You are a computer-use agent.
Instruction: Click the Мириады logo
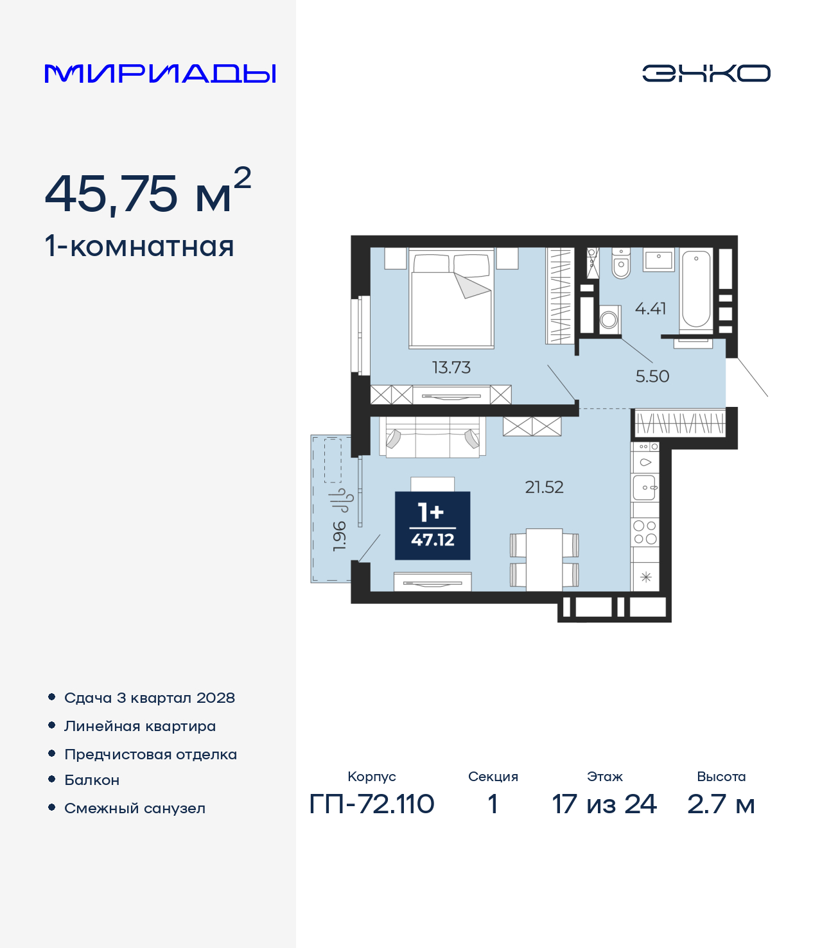pos(160,73)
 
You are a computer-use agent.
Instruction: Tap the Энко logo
pos(706,73)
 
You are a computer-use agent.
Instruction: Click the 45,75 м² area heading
pos(148,191)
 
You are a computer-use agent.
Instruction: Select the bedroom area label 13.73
pos(451,367)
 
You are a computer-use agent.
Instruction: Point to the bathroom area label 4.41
pos(651,308)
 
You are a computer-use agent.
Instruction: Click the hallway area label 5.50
pos(652,376)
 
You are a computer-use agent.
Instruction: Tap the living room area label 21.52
pos(544,487)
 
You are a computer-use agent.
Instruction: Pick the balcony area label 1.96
pos(339,536)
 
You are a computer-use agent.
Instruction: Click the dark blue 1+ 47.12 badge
pos(432,526)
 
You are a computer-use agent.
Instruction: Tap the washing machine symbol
pos(609,320)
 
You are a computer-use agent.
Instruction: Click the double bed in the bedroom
pos(451,298)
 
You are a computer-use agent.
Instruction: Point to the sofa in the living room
pos(432,437)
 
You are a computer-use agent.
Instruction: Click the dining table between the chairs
pos(545,560)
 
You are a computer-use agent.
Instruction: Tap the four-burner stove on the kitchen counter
pos(645,533)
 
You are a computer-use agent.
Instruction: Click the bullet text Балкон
pos(92,780)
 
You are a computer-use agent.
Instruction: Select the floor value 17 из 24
pos(604,804)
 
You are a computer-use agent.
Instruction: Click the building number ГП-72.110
pos(372,804)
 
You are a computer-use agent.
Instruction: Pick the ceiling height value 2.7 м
pos(721,804)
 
